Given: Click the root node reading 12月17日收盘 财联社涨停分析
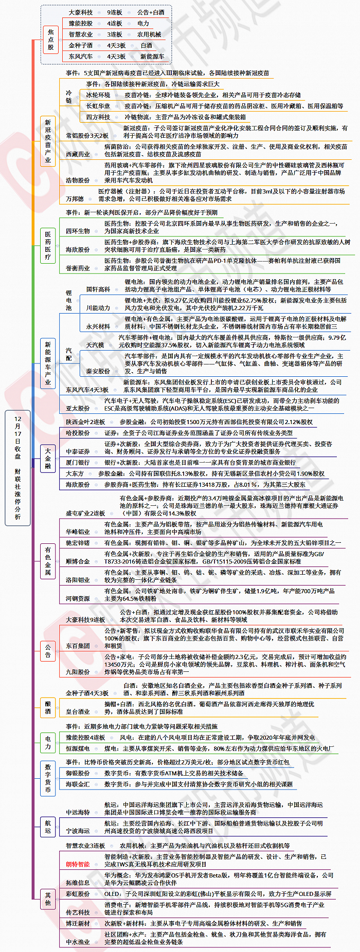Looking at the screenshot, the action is click(18, 468).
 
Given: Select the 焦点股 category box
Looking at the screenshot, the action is click(50, 40).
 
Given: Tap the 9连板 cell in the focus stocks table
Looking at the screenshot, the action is click(114, 12).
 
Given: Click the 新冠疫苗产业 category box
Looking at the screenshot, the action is click(48, 141).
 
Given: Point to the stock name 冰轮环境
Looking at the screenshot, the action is click(98, 95).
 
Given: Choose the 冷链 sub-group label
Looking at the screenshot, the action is click(69, 97).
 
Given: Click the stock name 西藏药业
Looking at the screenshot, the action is click(78, 154).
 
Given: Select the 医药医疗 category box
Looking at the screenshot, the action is click(48, 245).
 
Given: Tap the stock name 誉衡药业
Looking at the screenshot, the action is click(78, 268).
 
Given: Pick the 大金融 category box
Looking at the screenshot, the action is click(48, 459).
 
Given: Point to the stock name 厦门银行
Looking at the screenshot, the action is click(78, 463).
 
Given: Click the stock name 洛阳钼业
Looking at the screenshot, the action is click(78, 580).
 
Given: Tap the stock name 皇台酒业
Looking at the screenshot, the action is click(78, 711).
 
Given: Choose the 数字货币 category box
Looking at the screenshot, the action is click(48, 778).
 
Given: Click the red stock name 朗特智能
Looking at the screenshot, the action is click(78, 864).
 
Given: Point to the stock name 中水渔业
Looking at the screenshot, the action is click(78, 942).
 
